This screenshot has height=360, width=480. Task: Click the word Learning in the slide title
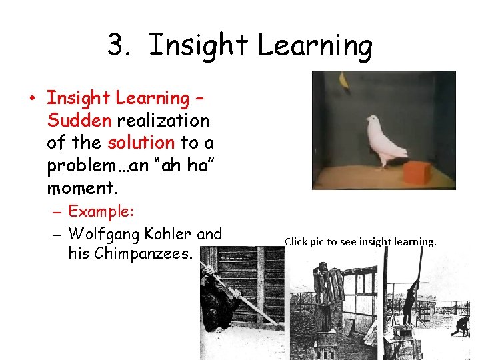pyautogui.click(x=315, y=45)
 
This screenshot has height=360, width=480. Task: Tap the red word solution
pyautogui.click(x=141, y=142)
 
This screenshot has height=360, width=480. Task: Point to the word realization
pyautogui.click(x=163, y=120)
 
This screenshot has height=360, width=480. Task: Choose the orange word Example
pyautogui.click(x=101, y=211)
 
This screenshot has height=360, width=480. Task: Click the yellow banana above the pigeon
pyautogui.click(x=345, y=81)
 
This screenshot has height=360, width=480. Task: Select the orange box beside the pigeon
pyautogui.click(x=418, y=172)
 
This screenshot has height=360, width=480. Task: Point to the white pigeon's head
pyautogui.click(x=372, y=121)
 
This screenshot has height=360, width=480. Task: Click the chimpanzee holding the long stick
pyautogui.click(x=220, y=300)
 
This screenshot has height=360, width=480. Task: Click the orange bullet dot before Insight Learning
pyautogui.click(x=31, y=99)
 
